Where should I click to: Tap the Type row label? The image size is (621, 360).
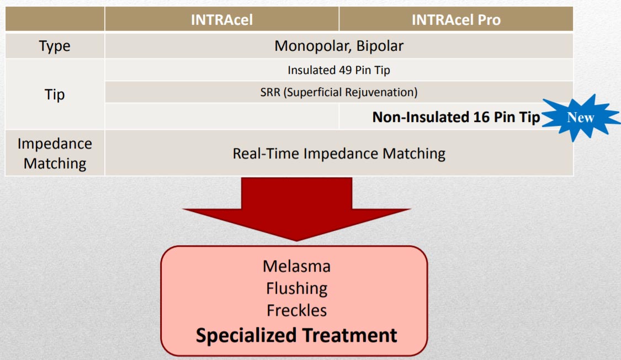[x=55, y=46]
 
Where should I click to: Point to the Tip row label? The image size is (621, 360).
[x=55, y=94]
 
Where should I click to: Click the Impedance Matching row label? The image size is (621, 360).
[x=55, y=153]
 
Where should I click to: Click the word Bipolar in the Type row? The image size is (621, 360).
[x=380, y=46]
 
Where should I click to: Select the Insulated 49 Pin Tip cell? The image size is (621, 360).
[x=338, y=70]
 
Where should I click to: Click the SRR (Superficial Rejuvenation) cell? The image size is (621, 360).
[x=338, y=92]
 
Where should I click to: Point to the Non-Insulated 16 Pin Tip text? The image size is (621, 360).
[x=457, y=117]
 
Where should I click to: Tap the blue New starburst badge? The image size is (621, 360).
[x=581, y=118]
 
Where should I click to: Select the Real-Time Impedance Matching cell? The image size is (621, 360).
[x=338, y=153]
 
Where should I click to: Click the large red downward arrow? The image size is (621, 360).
[x=296, y=209]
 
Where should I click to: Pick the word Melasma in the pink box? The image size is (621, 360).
[x=296, y=266]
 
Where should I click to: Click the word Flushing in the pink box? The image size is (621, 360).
[x=296, y=288]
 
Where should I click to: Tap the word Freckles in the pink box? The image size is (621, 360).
[x=296, y=310]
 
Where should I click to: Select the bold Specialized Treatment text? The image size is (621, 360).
[x=296, y=336]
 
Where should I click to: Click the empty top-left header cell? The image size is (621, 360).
[x=55, y=19]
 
